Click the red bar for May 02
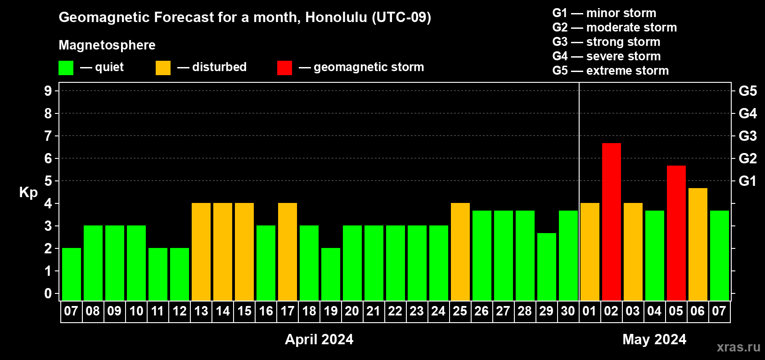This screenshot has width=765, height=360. (x=611, y=222)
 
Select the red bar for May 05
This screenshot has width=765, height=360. (x=676, y=233)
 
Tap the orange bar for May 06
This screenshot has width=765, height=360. (x=697, y=244)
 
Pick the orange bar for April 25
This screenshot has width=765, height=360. (x=460, y=252)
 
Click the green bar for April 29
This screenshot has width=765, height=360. (x=547, y=267)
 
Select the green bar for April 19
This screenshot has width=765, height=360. (x=331, y=274)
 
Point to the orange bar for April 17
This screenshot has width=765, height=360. (x=288, y=252)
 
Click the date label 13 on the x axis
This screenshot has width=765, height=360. (x=201, y=311)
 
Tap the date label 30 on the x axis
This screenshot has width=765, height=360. (x=568, y=311)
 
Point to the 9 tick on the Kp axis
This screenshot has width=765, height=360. (x=48, y=91)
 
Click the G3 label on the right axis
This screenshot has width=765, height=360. (x=748, y=136)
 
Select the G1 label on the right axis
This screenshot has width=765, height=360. (x=748, y=181)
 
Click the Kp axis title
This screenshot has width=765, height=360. (x=28, y=192)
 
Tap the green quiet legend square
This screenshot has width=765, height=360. (x=66, y=67)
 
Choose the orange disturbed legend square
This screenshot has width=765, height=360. (x=163, y=67)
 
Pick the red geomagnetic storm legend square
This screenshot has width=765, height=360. (x=284, y=67)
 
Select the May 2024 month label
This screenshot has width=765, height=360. (x=654, y=339)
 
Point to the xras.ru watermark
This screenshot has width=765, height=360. (x=738, y=347)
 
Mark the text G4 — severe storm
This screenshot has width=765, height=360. (x=607, y=56)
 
